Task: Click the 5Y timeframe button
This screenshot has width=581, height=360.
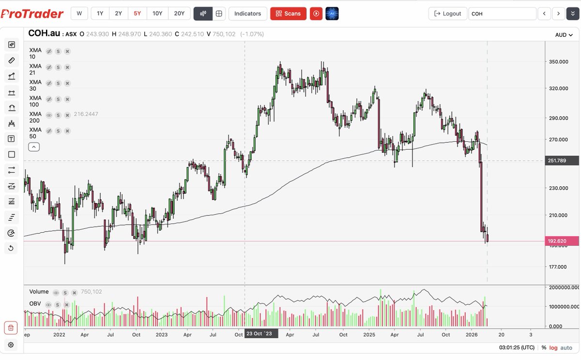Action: (x=137, y=14)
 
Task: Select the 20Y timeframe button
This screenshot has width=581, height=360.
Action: (x=179, y=14)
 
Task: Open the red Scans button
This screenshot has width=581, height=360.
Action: (x=288, y=14)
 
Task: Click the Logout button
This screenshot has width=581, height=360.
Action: (x=448, y=14)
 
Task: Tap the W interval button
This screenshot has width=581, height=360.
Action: (x=79, y=14)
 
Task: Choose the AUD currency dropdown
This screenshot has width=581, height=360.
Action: (x=564, y=35)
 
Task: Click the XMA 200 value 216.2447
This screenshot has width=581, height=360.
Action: (x=86, y=115)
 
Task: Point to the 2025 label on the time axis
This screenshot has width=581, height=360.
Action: (x=369, y=334)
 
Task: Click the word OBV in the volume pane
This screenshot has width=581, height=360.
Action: (x=35, y=304)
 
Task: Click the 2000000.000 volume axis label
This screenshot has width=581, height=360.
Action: (x=563, y=287)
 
